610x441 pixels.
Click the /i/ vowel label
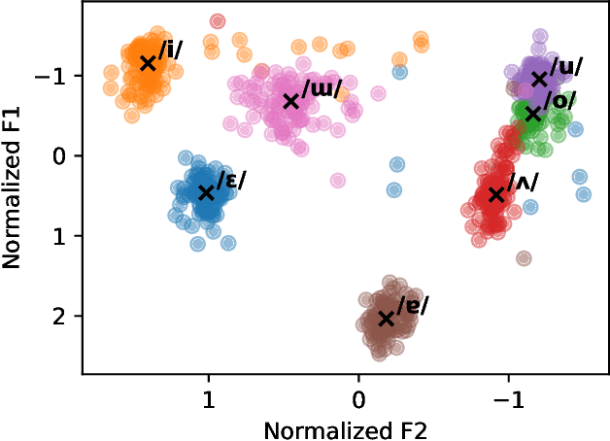tap(171, 51)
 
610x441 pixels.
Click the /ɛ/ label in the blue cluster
tap(231, 180)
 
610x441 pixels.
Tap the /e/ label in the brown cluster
tap(411, 305)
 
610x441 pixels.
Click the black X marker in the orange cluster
tap(148, 63)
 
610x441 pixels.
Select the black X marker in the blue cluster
tap(206, 192)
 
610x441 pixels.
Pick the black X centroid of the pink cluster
tap(290, 101)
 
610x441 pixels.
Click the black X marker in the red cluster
tap(496, 194)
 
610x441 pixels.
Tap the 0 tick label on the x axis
tap(358, 400)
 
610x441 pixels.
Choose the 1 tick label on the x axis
tap(208, 400)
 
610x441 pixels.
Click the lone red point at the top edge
tap(218, 21)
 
